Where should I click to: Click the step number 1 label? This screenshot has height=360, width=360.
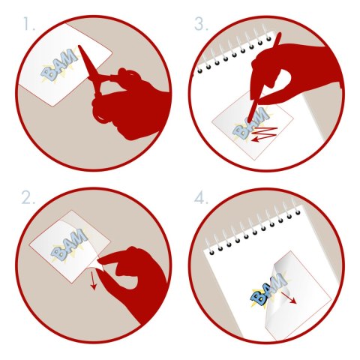tap(29, 24)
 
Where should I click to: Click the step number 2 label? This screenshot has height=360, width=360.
tap(28, 198)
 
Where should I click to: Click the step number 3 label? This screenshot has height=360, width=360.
tap(201, 24)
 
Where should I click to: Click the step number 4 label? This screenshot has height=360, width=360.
tap(201, 198)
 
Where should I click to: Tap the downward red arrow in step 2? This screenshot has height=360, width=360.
tap(93, 280)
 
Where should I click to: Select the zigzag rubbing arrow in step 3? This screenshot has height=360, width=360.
tap(265, 134)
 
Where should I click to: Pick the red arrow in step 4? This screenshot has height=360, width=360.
tap(289, 298)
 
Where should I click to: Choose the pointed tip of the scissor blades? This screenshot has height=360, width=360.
tap(79, 46)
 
